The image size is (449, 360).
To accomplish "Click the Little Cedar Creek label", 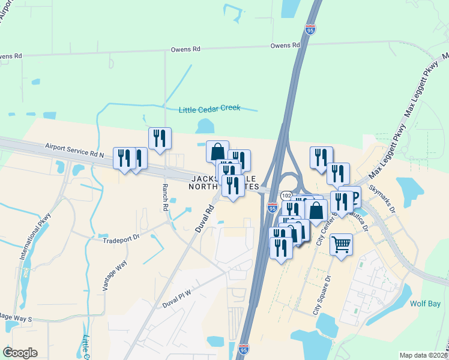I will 209,109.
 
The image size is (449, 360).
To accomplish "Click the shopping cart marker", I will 341,244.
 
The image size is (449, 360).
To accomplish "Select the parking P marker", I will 353,197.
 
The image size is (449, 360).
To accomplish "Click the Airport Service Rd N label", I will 75,151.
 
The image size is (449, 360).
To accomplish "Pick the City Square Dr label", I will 321,296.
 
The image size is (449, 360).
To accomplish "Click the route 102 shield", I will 286,196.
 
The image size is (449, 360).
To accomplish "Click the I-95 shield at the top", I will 310,29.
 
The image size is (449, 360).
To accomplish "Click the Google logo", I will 20,352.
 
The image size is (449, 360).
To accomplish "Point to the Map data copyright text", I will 424,355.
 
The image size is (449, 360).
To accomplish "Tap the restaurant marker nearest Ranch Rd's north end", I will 160,138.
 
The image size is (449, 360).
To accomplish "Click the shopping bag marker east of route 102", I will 316,211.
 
